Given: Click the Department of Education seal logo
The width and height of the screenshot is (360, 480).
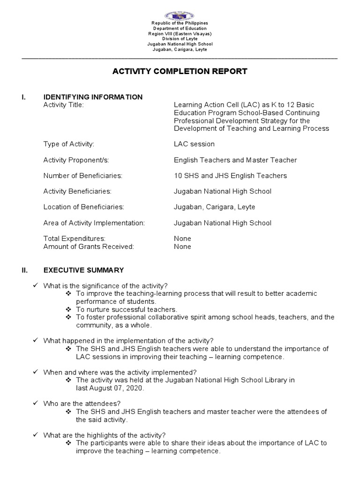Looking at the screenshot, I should (x=180, y=15).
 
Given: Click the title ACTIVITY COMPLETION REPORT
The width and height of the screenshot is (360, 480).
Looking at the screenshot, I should (x=180, y=72).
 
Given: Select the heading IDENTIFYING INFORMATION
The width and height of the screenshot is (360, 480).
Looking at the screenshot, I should (x=93, y=97).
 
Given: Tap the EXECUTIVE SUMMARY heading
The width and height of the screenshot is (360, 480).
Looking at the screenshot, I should (x=83, y=270).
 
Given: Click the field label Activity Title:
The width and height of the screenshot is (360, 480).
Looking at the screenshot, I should (x=63, y=105).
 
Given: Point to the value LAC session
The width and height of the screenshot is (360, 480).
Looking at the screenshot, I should (x=194, y=144).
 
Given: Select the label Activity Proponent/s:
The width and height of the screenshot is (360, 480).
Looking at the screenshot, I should (x=76, y=160).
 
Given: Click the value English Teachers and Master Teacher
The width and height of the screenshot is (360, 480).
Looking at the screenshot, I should (x=235, y=160).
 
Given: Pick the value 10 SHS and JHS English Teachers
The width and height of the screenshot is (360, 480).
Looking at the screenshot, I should (x=230, y=176).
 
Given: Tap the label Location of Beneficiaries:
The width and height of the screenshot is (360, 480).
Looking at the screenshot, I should (x=83, y=207).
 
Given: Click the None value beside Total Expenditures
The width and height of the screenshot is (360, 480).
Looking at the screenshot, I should (x=182, y=239).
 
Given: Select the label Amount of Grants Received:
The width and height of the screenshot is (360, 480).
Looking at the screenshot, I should (x=89, y=247).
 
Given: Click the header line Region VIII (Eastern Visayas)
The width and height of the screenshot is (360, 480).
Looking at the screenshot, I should (x=180, y=34).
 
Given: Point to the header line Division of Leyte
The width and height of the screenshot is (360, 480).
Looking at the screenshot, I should (x=180, y=39).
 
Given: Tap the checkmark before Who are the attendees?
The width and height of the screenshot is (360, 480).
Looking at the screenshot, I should (x=36, y=404).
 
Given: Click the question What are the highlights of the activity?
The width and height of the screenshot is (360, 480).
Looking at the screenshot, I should (x=104, y=435).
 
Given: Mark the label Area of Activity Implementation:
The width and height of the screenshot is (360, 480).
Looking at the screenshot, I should (x=94, y=223).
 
